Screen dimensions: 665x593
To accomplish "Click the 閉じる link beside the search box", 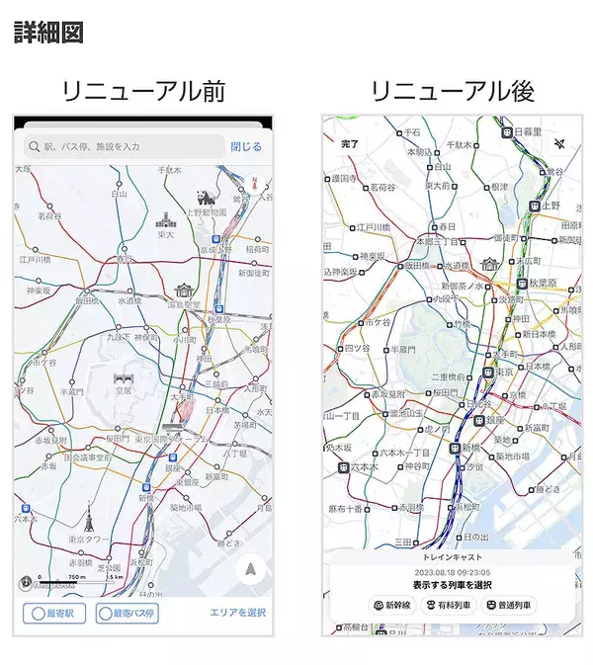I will pos(246,147).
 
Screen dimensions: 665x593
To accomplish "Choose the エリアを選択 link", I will pos(238,614).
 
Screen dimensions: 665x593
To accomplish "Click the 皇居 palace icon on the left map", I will pos(124,378).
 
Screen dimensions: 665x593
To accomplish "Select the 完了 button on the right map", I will pos(349,144).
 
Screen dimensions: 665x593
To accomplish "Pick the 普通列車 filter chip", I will pos(508,605).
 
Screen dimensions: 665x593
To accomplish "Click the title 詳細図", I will pos(48,31).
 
